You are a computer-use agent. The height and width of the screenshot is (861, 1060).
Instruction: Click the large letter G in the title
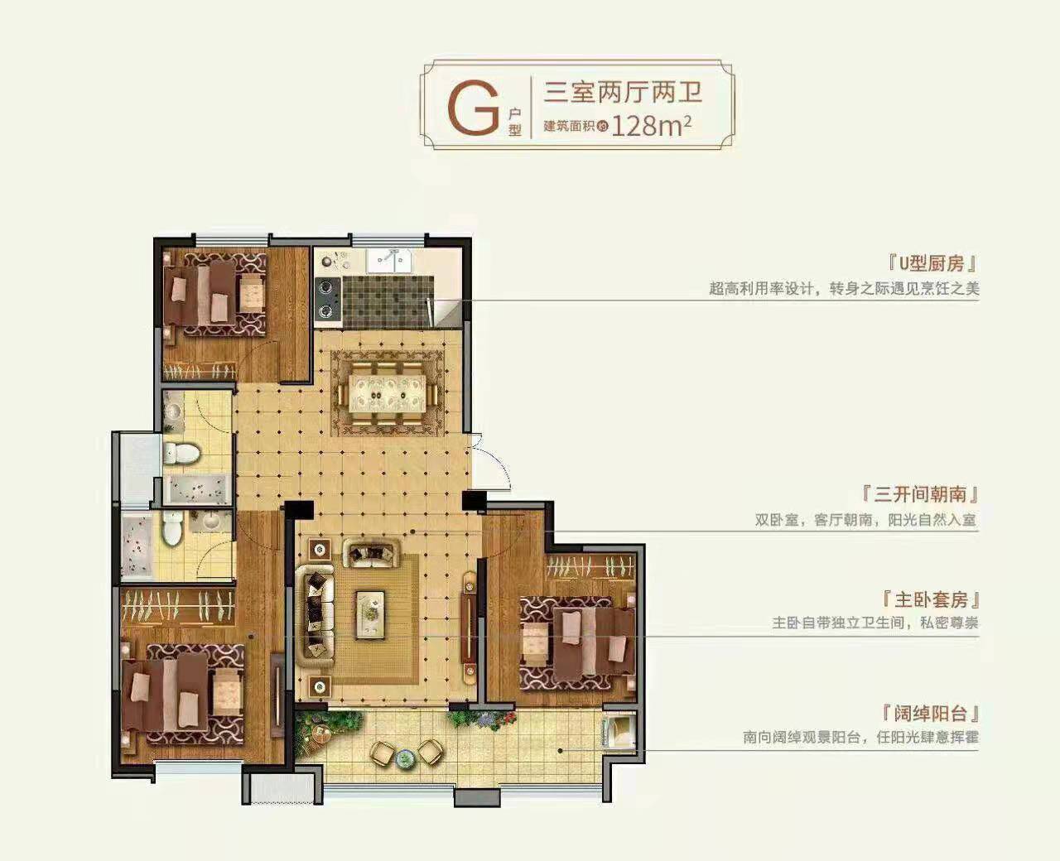tap(473, 109)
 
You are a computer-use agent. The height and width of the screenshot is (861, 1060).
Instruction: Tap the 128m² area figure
tap(651, 127)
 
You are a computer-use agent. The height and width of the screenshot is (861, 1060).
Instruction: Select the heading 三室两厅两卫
tap(623, 92)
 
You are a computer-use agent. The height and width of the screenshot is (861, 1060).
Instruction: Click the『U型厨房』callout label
tap(932, 263)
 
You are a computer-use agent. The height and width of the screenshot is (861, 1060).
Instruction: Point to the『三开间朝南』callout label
tap(920, 494)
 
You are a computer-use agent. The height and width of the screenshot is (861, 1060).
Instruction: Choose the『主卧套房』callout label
tap(931, 600)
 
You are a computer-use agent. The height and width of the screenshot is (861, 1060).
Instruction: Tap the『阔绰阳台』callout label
tap(931, 714)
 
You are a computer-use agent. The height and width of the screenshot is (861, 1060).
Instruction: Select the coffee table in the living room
tap(370, 615)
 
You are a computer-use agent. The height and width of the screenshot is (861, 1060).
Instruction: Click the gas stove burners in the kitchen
tap(328, 298)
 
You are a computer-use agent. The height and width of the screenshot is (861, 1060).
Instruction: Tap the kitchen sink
tap(388, 261)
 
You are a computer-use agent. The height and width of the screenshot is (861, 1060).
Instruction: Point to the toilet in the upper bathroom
tap(181, 453)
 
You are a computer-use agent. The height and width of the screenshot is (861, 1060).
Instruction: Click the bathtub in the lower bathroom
tap(137, 546)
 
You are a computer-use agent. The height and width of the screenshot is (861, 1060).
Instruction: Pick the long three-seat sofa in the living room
tap(315, 616)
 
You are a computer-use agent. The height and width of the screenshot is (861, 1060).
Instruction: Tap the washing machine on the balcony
tap(618, 732)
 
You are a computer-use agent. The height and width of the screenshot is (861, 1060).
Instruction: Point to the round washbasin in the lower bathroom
tap(210, 522)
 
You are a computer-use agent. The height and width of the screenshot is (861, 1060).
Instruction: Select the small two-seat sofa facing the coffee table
tap(371, 553)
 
